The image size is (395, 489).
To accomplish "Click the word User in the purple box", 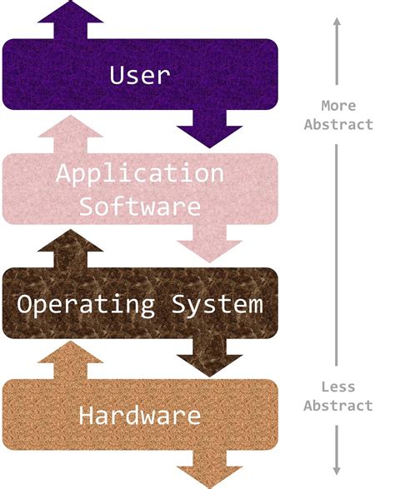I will pos(139,75).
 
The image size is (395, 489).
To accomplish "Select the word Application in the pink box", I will pos(139,175).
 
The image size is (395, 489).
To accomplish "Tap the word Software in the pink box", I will pos(139,205).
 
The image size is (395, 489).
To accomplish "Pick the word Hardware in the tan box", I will pos(139,415).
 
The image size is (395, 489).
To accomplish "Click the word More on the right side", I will pos(338,106).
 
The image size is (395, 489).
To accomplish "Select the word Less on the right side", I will pos(338,387).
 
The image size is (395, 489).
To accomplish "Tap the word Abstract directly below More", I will pos(338,124).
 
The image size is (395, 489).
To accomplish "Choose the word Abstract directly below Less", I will pos(338,406).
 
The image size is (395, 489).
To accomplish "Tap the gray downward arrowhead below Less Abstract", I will pos(337,468).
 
